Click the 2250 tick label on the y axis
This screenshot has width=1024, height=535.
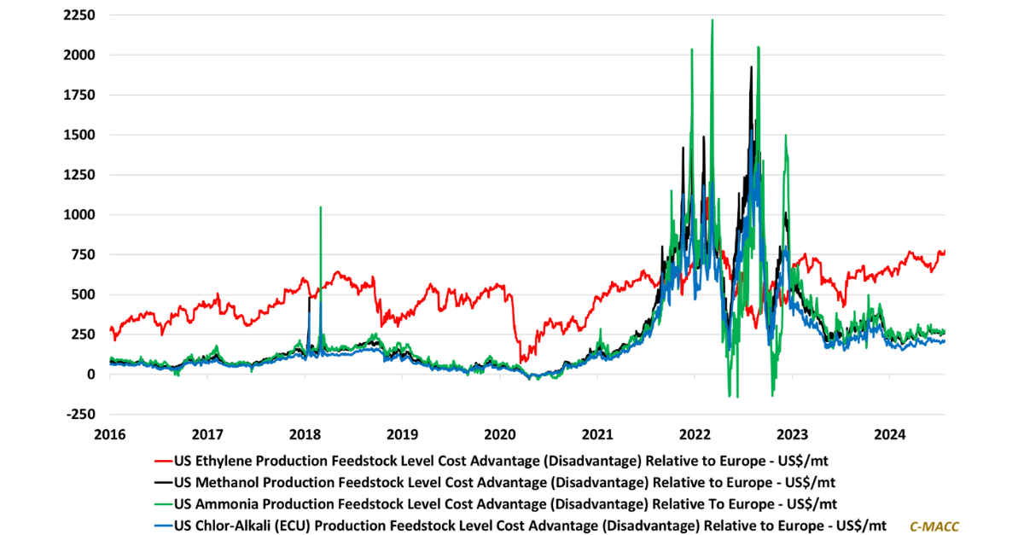point(78,15)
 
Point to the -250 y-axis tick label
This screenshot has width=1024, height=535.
point(79,414)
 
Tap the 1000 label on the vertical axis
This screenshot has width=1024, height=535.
point(78,215)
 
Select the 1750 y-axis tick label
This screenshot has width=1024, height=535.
point(78,95)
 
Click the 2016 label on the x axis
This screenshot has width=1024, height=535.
point(109,433)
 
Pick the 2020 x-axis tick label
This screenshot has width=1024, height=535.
point(499,433)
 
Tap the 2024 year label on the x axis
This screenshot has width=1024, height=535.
point(889,433)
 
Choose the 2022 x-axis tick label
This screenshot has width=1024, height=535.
point(695,433)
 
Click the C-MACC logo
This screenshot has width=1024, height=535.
point(934,526)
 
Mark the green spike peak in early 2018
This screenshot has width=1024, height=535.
point(320,207)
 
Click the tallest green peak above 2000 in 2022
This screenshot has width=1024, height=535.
point(712,20)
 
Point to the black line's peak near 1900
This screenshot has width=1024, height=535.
point(751,67)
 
